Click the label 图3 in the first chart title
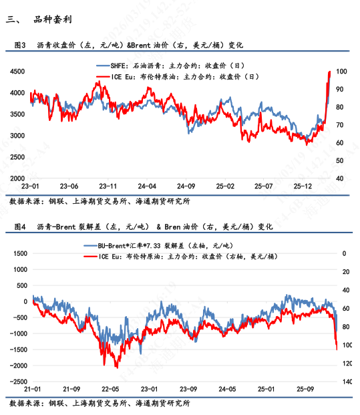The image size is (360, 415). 20,45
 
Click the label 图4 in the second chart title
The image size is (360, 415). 20,227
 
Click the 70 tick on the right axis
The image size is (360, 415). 339,125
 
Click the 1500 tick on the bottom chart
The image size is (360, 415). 17,253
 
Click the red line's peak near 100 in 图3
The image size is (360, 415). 329,72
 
